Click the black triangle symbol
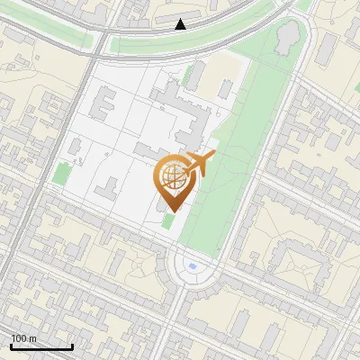coord(181,24)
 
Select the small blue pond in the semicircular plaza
coord(191,266)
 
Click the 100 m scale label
coord(23,338)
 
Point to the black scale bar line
coord(41,346)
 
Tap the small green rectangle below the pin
coord(168,220)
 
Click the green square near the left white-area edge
coord(61,174)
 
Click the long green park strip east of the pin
coord(234,153)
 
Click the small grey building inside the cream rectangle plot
coord(222,89)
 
